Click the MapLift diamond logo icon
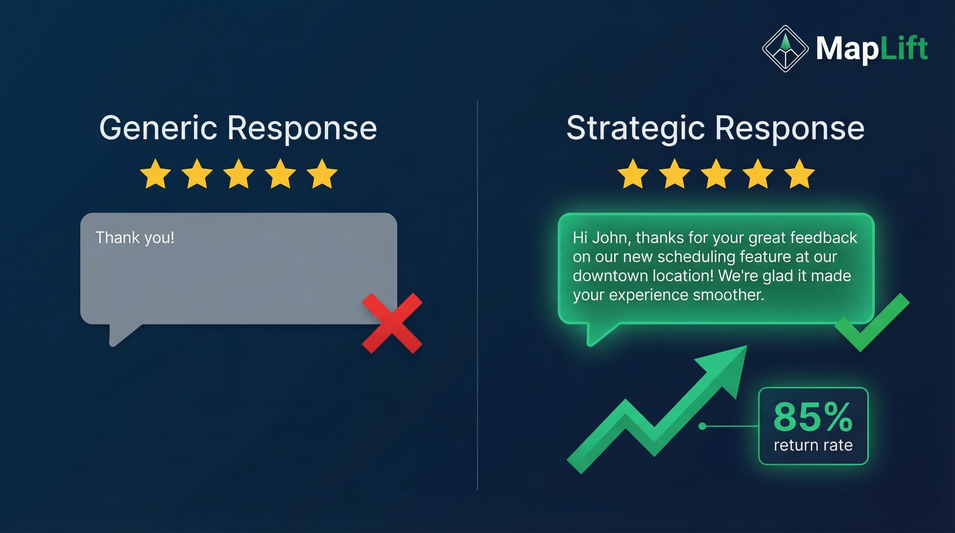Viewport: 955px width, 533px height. tap(785, 49)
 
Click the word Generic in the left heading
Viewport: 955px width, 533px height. tap(158, 128)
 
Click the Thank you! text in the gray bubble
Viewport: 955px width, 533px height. tap(135, 238)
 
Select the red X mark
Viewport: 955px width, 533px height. tap(392, 323)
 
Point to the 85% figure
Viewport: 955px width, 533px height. tap(813, 417)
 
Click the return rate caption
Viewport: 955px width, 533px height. tap(813, 445)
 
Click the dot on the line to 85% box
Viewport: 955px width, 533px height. tap(702, 426)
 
